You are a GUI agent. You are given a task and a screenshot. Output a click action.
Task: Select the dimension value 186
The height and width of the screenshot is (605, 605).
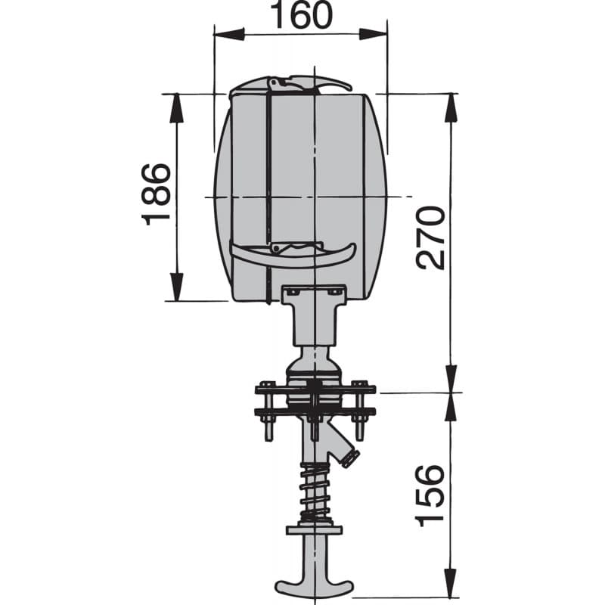[x=158, y=193]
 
